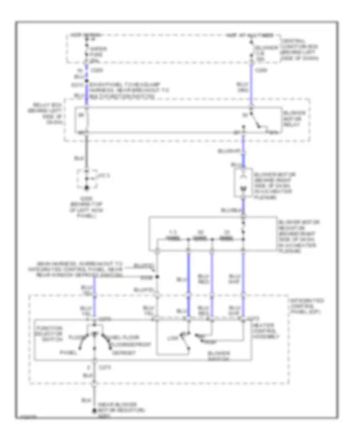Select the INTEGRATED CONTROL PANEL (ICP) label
point(307,306)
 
